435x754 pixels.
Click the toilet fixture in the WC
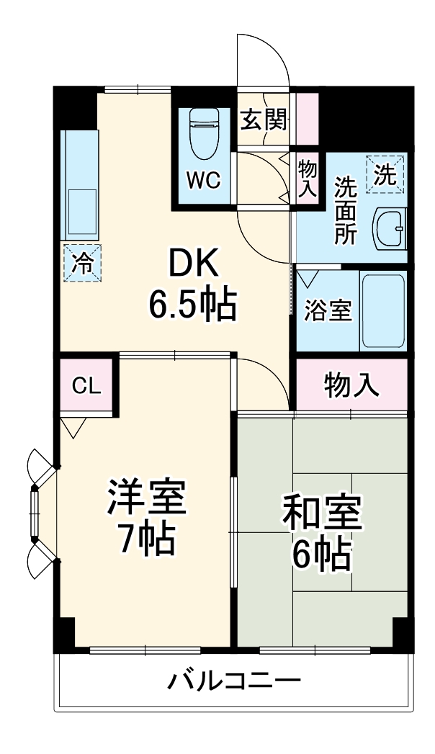(204, 135)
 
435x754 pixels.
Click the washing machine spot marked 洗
(385, 175)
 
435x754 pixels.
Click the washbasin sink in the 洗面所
(390, 229)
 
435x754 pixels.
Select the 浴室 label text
(328, 310)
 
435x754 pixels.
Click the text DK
(192, 267)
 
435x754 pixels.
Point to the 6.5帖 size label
(192, 306)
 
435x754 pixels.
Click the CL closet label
(86, 386)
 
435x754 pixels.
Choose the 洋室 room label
(147, 498)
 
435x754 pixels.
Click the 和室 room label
(321, 512)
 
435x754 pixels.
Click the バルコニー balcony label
(234, 681)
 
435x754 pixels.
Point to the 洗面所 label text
(345, 211)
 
